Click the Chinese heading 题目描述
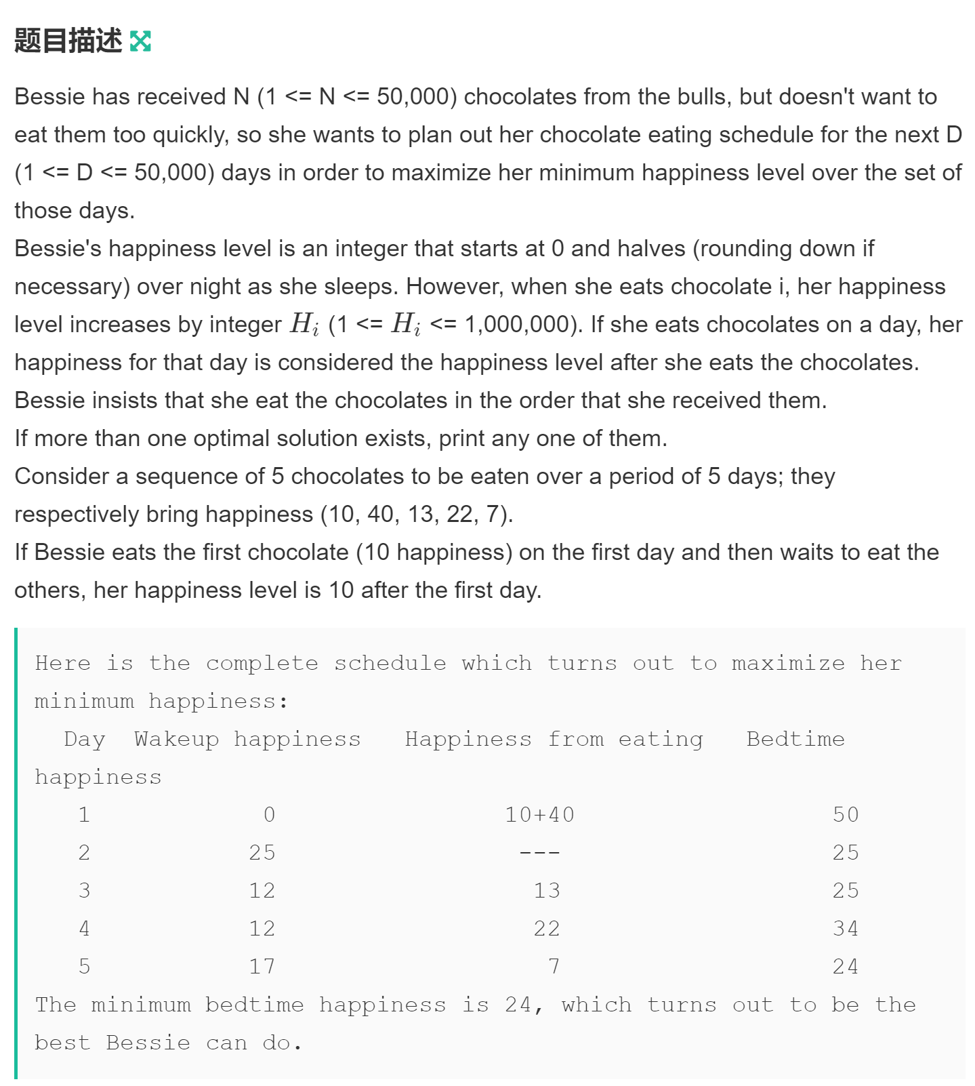tap(68, 41)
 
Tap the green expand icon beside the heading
tap(140, 41)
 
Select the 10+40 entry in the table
tap(539, 814)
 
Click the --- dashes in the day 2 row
tap(539, 852)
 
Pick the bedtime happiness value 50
tap(846, 814)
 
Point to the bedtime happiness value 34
tap(846, 928)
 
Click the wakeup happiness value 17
tap(262, 966)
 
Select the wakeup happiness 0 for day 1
tap(270, 814)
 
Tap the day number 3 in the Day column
tap(84, 890)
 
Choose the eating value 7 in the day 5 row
tap(554, 966)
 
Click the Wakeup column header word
tap(176, 739)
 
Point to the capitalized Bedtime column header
tap(795, 739)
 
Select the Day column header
tap(85, 739)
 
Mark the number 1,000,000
tap(520, 325)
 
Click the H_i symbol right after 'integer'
tap(304, 325)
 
